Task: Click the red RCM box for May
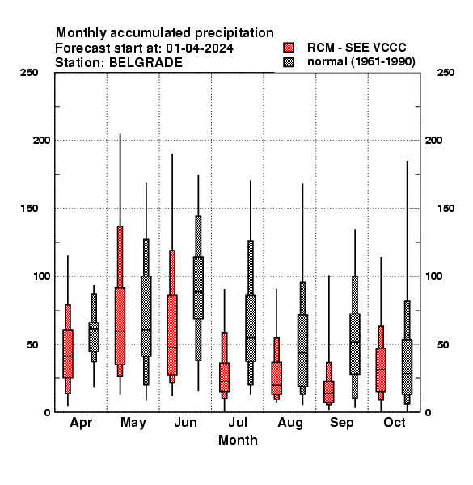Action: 120,326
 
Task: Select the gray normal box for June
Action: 198,288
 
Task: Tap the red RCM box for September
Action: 329,391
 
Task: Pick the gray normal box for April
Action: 94,337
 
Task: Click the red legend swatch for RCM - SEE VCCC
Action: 289,48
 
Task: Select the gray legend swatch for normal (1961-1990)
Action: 289,62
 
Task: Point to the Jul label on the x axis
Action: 238,422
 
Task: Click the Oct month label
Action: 395,422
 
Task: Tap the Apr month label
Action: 81,423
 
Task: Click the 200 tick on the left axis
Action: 41,141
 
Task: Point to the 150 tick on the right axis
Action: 446,209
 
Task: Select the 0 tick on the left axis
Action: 47,412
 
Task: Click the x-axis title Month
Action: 238,441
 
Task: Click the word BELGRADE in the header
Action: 146,63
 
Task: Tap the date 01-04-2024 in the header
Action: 200,48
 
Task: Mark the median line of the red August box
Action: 277,385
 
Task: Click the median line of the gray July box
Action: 251,337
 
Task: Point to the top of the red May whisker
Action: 120,134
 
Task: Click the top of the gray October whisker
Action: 408,161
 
